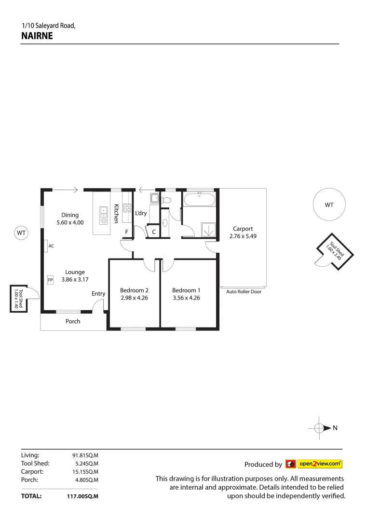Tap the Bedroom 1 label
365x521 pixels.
[186, 290]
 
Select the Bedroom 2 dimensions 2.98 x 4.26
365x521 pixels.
[134, 298]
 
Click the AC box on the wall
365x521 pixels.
[45, 246]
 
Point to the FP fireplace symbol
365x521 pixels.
[50, 279]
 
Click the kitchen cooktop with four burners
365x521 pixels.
[127, 208]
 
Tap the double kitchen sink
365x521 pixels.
[104, 215]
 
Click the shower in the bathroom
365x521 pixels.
[208, 230]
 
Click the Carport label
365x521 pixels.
[243, 229]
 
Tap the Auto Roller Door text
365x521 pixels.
[243, 291]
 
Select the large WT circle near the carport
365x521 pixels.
[329, 205]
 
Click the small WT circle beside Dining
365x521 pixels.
[21, 233]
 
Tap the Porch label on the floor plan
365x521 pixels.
[73, 321]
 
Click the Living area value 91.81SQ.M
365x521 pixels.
[85, 455]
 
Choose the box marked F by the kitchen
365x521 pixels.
[126, 232]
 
